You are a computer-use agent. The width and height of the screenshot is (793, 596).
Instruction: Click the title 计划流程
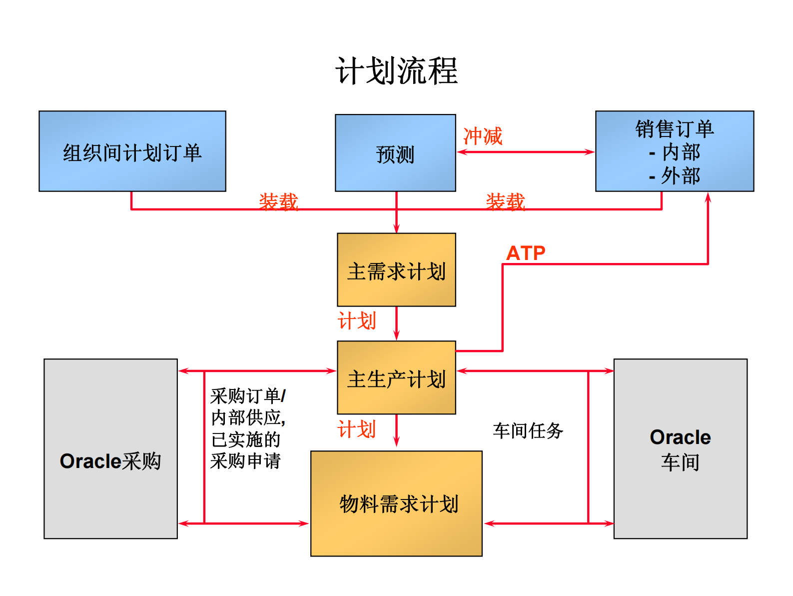click(x=396, y=71)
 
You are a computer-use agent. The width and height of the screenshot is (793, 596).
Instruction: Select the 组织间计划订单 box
click(x=132, y=151)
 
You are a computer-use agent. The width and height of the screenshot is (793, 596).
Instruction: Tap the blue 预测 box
click(x=395, y=153)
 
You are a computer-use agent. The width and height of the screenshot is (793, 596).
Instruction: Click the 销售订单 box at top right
click(x=674, y=151)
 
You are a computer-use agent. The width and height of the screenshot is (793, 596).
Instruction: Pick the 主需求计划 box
click(x=396, y=270)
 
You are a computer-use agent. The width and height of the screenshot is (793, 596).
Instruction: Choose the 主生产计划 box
click(x=396, y=378)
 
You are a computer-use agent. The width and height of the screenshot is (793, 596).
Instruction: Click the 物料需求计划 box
click(x=396, y=503)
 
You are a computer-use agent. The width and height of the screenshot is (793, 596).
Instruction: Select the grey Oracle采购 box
click(x=110, y=448)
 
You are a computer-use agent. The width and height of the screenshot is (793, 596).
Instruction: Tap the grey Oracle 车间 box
click(x=680, y=448)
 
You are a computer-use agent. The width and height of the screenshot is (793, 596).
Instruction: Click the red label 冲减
click(x=483, y=136)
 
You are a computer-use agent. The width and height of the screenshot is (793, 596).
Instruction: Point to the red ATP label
click(x=526, y=253)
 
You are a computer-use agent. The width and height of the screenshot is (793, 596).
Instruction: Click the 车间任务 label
click(x=528, y=430)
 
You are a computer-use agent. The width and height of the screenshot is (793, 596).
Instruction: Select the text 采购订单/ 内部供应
click(x=248, y=406)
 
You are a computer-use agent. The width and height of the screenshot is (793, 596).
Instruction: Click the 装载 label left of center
click(x=278, y=202)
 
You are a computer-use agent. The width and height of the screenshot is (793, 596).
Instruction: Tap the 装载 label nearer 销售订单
click(x=505, y=202)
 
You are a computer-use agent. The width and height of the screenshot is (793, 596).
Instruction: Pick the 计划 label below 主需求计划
click(x=357, y=321)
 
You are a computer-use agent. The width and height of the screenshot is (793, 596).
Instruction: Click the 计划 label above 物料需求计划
click(x=357, y=429)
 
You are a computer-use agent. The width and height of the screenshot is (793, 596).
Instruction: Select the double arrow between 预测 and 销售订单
click(x=526, y=152)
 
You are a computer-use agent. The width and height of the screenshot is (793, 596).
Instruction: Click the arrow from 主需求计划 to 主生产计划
click(x=397, y=323)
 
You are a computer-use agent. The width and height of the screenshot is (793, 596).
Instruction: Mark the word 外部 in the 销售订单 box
click(x=680, y=176)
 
